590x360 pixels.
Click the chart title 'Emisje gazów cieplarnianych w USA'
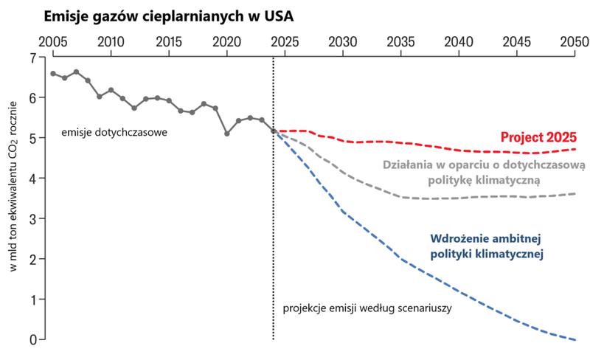point(173,15)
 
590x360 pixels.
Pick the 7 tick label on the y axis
point(32,58)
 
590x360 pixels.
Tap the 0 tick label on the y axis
point(32,340)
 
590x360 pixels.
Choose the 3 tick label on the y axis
point(32,219)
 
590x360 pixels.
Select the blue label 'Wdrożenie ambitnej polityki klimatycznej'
point(486,246)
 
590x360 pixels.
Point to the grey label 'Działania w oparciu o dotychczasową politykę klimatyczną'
point(484,171)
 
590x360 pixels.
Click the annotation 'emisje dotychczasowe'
point(114,134)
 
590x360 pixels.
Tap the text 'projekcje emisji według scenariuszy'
point(367,308)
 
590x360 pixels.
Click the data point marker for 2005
point(52,73)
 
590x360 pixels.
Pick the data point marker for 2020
point(227,134)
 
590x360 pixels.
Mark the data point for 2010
point(111,90)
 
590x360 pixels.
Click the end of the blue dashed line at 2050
point(575,339)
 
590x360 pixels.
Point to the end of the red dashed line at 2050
point(575,149)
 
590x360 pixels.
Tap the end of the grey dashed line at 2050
point(575,194)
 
